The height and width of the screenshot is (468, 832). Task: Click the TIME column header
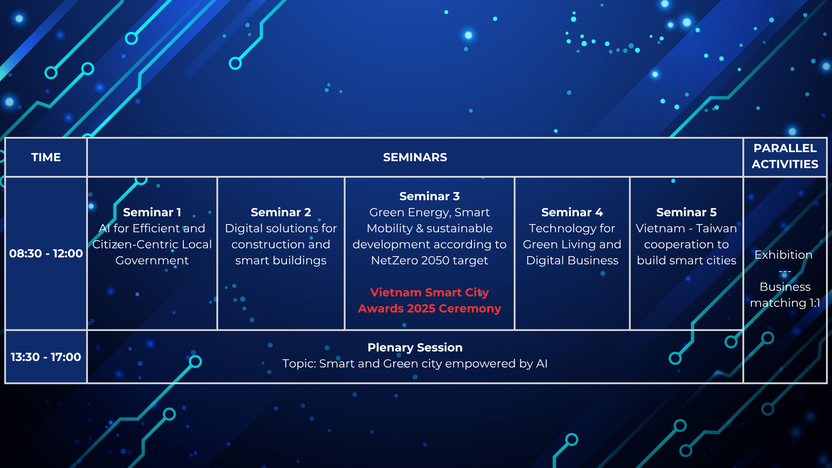click(x=46, y=157)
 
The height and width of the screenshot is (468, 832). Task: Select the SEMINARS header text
click(x=415, y=157)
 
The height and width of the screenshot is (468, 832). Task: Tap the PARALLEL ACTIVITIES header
click(x=785, y=156)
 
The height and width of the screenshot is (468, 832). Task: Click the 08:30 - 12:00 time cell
click(x=46, y=253)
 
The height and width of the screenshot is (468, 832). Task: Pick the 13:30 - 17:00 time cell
click(x=46, y=357)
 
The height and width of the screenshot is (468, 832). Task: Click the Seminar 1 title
click(x=152, y=212)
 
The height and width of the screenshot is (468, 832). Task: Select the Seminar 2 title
click(x=281, y=212)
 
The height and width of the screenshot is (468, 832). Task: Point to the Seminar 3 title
click(x=429, y=196)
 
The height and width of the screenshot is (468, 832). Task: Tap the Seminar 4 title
click(x=572, y=212)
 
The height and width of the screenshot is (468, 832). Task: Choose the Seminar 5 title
click(x=686, y=212)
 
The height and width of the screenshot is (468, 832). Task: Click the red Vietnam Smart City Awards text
click(x=429, y=300)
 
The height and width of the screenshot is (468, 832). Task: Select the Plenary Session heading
click(x=415, y=348)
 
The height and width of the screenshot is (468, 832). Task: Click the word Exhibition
click(x=783, y=255)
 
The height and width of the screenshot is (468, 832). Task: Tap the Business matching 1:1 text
click(x=785, y=295)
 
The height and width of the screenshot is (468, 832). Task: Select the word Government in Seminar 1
click(x=152, y=260)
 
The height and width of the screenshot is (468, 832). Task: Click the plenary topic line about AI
click(x=415, y=364)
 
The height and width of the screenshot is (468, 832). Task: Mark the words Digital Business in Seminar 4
click(x=572, y=260)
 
